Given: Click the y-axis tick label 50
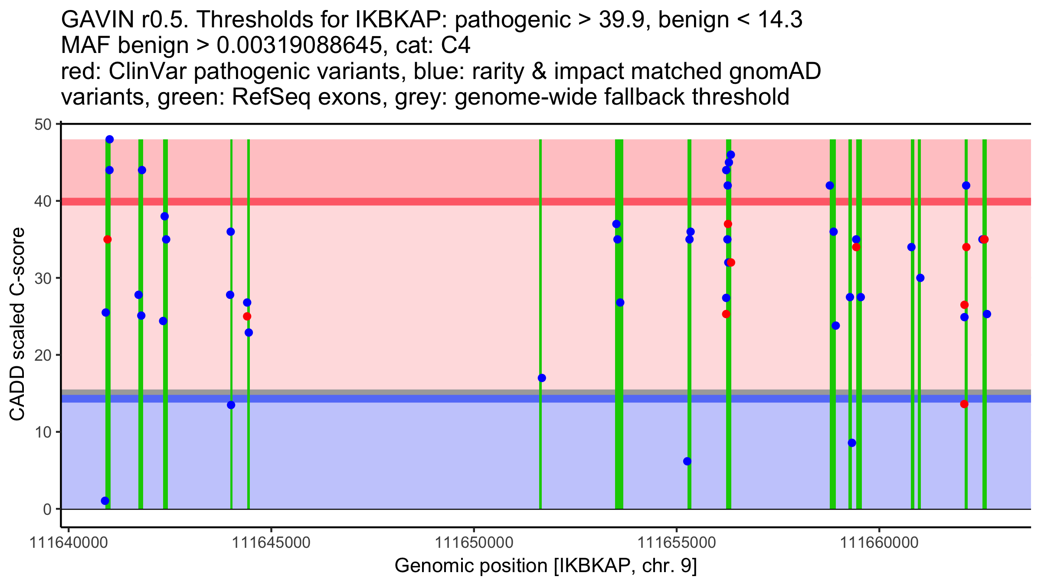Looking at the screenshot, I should [43, 125].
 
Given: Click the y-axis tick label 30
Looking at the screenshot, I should [43, 278].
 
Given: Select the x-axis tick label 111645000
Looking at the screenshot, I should [271, 543].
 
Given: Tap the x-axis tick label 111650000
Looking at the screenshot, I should [474, 543].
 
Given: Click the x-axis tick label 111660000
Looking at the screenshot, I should [879, 543].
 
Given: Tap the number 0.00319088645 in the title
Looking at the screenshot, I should [299, 46].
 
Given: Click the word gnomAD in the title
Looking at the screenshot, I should [775, 71].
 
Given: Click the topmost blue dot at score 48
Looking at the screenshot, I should [109, 139].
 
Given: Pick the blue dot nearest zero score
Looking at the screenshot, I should [105, 501].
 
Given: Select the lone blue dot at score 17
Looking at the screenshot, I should [542, 378].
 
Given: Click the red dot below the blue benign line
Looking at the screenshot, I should [964, 404].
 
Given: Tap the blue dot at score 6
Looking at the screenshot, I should [687, 461].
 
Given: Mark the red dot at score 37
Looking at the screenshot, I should [728, 224].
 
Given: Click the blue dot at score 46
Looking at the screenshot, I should [731, 155].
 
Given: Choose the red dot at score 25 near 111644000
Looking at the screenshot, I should [247, 316].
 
